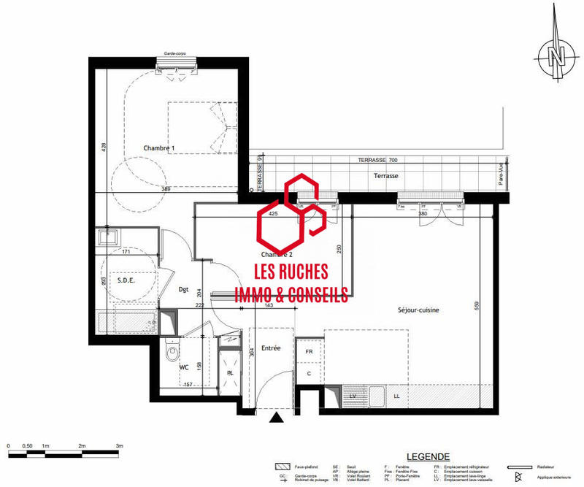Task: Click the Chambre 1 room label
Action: pos(158,148)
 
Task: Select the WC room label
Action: pos(184,367)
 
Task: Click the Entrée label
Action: pos(271,348)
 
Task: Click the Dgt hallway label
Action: pos(183,290)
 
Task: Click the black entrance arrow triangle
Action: pos(277,418)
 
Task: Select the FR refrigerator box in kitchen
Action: pos(309,351)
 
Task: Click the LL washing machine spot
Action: pos(396,396)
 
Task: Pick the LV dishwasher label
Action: pos(353,396)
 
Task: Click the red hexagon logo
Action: pos(291,215)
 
